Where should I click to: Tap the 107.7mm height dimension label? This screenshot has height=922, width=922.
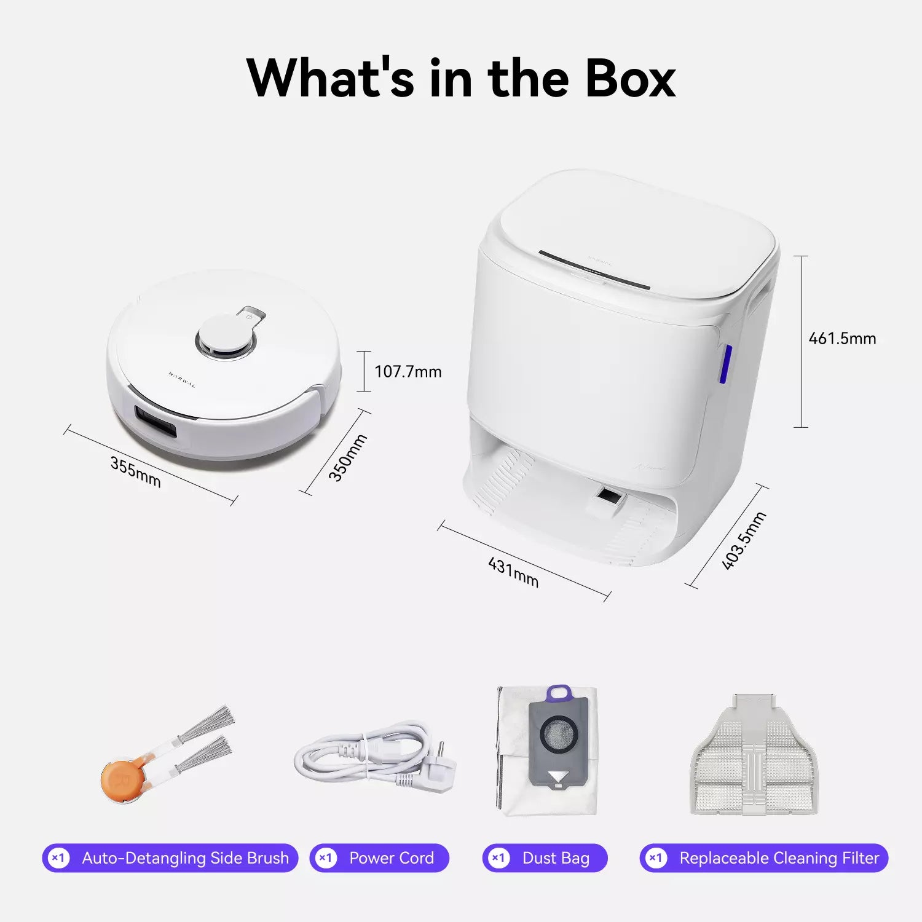point(408,372)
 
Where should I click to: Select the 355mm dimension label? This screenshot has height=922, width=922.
point(135,472)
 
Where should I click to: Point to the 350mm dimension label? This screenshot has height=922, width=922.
point(347,457)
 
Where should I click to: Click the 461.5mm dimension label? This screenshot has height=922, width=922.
point(841,339)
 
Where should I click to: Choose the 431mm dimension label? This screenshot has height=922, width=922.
point(513,572)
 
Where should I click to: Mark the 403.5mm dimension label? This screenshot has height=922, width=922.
point(744,540)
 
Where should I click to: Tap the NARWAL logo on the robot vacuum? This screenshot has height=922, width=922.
point(182,379)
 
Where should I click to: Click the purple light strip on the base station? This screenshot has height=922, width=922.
point(725,364)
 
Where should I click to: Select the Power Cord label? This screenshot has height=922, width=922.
point(391,858)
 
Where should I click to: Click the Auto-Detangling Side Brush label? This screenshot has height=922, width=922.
point(185,858)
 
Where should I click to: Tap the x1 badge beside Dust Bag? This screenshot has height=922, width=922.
point(498,858)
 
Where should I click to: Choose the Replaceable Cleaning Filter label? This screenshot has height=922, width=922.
point(779,858)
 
